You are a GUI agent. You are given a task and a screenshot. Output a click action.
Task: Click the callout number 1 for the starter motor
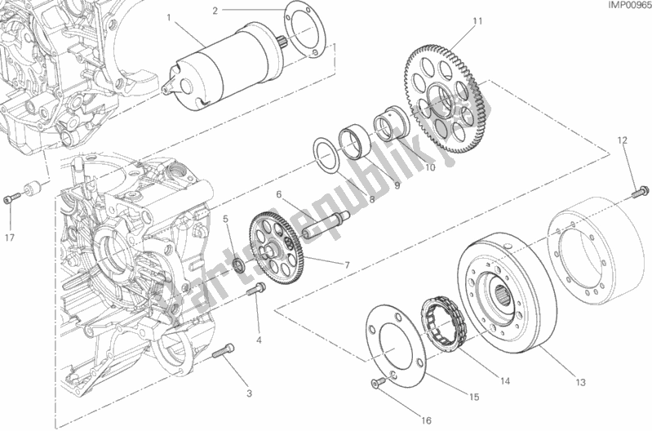click(167, 16)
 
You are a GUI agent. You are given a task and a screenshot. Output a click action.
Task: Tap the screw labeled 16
click(378, 384)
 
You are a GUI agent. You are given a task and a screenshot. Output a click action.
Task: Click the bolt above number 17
click(10, 198)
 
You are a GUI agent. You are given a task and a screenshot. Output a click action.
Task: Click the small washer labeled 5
click(237, 264)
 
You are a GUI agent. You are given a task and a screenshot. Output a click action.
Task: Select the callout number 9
click(399, 184)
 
